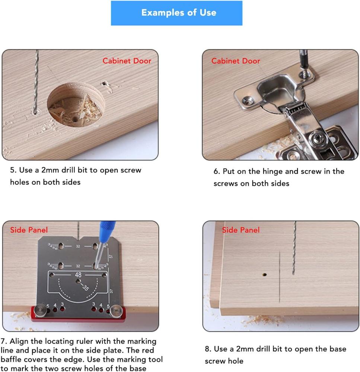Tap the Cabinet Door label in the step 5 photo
tap(127, 61)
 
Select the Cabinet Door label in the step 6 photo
tap(236, 61)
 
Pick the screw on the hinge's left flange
tap(247, 99)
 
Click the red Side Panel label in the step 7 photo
tap(29, 230)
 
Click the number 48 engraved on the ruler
tap(79, 275)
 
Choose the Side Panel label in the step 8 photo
tap(240, 230)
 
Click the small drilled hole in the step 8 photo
tap(264, 275)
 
